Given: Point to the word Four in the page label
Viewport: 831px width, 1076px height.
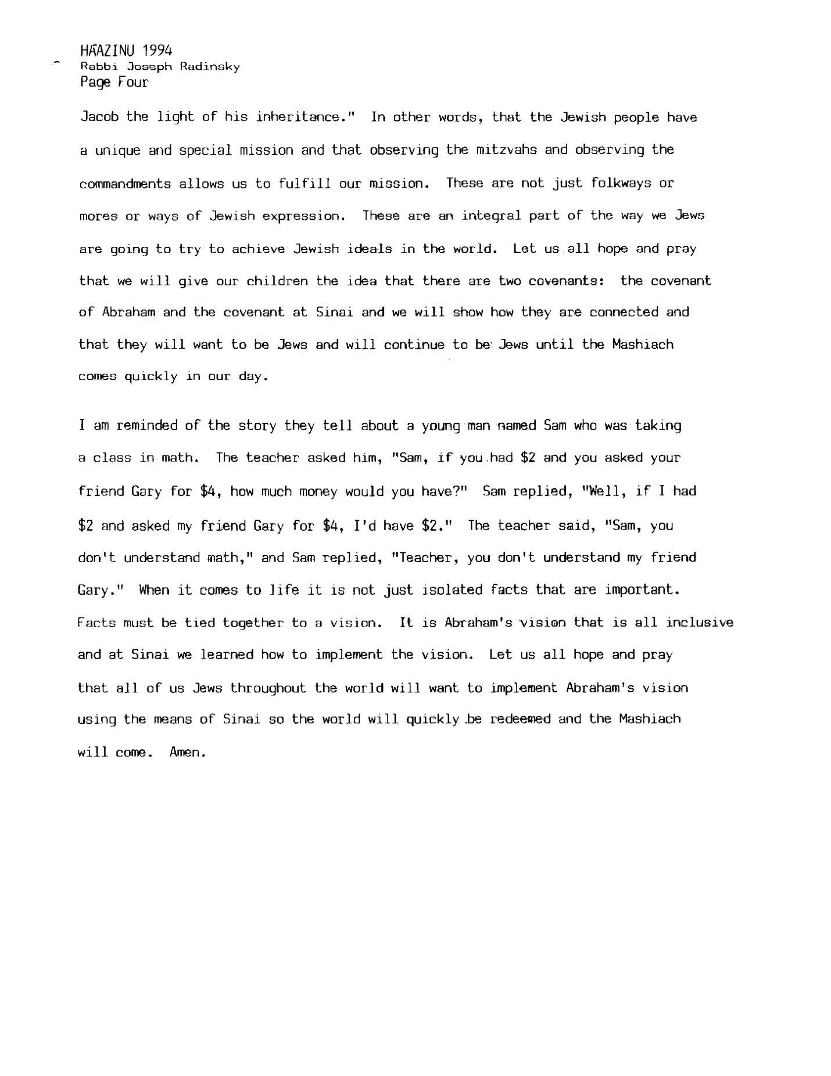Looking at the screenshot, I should pos(133,83).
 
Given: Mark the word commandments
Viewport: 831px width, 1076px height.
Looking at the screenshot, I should pos(125,184).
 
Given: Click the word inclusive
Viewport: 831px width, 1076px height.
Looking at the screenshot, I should pos(700,623).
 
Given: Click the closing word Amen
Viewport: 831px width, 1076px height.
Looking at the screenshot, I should pos(188,753).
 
